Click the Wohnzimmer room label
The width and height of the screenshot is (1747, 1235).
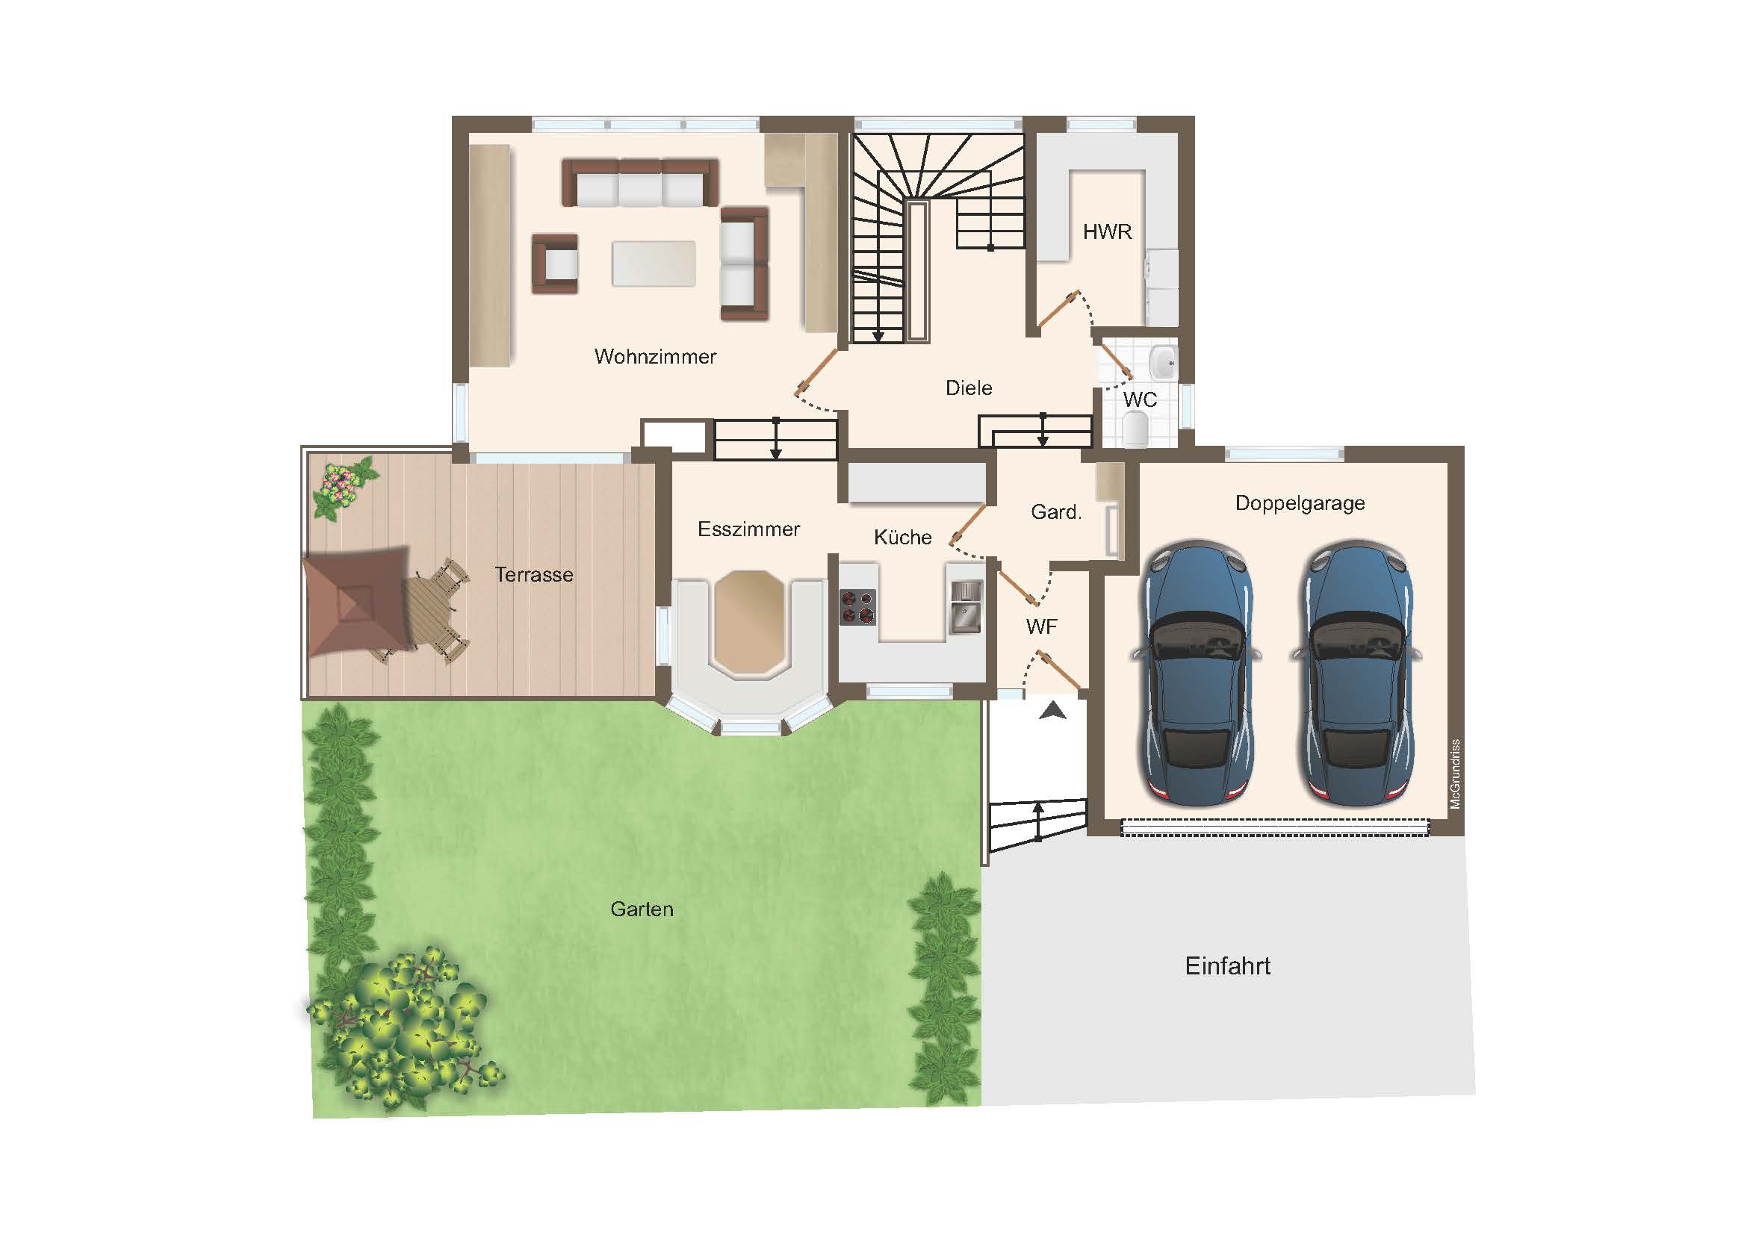[x=655, y=356]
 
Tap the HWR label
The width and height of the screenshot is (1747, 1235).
[x=1107, y=231]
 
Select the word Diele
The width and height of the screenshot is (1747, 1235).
[x=969, y=388]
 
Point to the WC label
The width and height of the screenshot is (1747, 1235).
[x=1140, y=399]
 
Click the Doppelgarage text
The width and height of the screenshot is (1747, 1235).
[x=1300, y=503]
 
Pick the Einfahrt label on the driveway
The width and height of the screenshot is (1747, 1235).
[x=1227, y=965]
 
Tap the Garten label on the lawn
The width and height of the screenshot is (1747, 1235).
[x=642, y=909]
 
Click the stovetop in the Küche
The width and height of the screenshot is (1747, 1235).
[x=857, y=606]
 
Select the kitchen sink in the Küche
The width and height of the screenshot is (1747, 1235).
[x=966, y=607]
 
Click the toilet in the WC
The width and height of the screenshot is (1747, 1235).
[x=1135, y=429]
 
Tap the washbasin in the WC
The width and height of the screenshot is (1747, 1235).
[x=1164, y=363]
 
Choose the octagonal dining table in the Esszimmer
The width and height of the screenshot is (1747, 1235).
[x=749, y=621]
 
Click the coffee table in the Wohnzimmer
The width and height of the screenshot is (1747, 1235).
[x=654, y=263]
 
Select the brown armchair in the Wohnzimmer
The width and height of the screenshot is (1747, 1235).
[x=555, y=264]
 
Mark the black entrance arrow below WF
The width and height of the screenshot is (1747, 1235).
[x=1052, y=711]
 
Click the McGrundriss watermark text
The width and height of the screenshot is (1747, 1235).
[x=1455, y=774]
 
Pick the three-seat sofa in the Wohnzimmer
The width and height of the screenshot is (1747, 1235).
[x=640, y=182]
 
